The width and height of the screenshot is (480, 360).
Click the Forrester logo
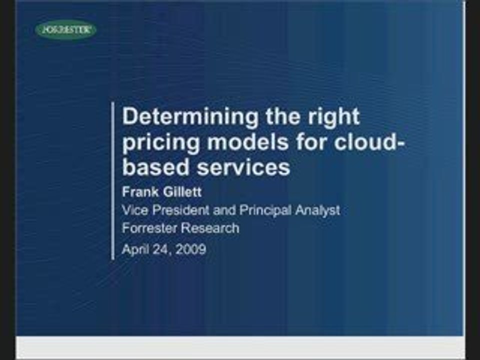click(x=65, y=30)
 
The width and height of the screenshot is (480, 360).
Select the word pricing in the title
click(x=160, y=143)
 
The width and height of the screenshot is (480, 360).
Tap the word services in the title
click(x=243, y=167)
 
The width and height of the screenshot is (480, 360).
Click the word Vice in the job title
click(x=134, y=210)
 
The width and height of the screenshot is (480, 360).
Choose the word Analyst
click(x=317, y=210)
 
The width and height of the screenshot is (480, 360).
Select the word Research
click(x=209, y=228)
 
